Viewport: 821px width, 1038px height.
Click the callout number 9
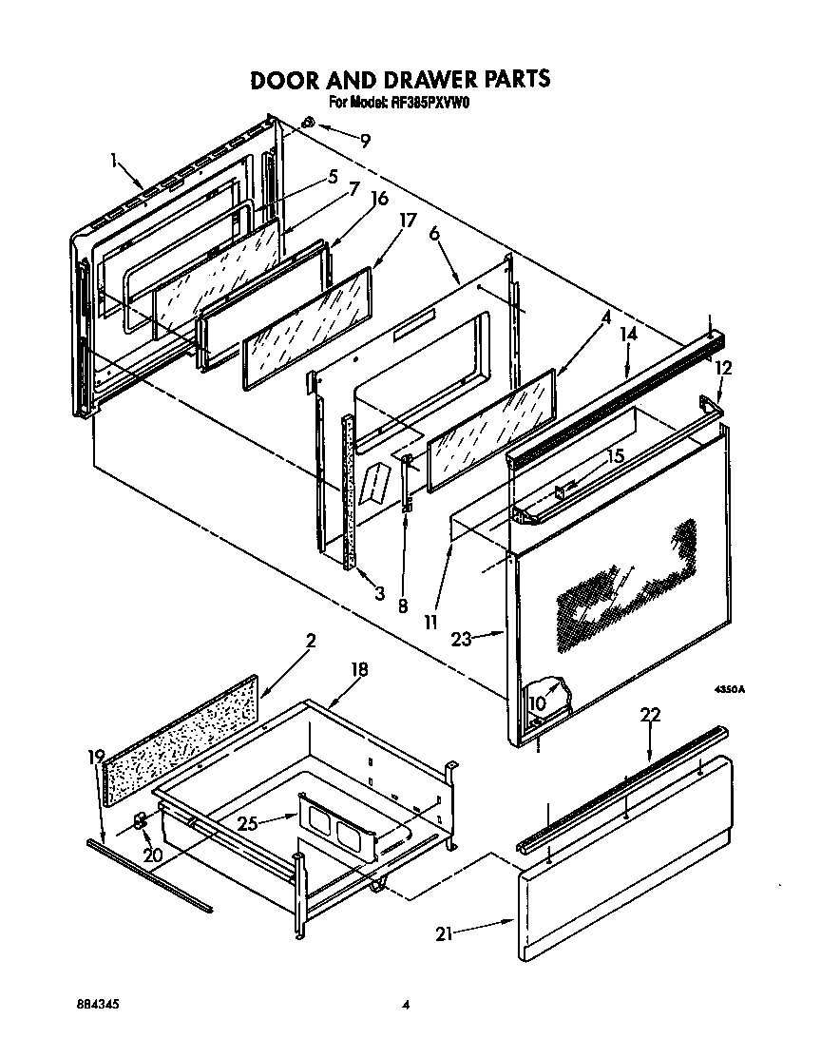[x=366, y=140]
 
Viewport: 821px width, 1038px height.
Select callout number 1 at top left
[x=115, y=162]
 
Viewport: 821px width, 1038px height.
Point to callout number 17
[x=408, y=220]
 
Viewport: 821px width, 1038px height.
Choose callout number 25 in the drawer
[x=248, y=823]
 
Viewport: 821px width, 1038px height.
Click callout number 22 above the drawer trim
[x=650, y=715]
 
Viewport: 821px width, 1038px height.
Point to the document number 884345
[x=98, y=1004]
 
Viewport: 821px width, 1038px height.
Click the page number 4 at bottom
[x=406, y=1004]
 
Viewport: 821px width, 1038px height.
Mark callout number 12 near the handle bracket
[x=724, y=367]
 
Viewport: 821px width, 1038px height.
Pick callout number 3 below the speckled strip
[x=379, y=594]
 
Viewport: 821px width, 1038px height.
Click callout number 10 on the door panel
[x=537, y=702]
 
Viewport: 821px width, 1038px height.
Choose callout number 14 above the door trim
[x=628, y=334]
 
